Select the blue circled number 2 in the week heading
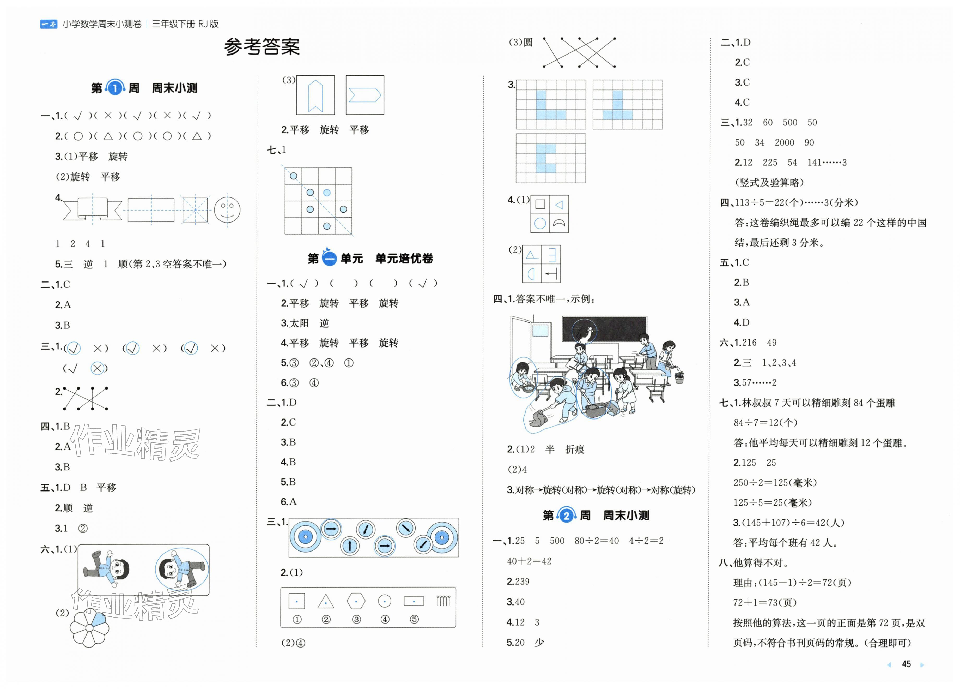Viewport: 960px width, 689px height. (566, 515)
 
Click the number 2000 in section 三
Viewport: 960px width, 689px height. (784, 143)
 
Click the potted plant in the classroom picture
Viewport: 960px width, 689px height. (679, 375)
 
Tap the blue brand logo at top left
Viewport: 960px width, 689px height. (48, 24)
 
